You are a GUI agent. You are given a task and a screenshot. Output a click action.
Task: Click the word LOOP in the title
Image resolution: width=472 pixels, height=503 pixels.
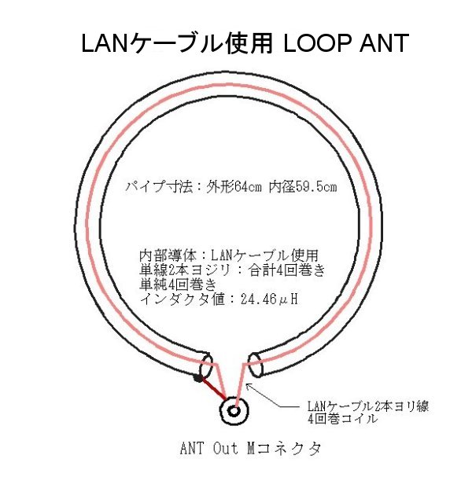(317, 43)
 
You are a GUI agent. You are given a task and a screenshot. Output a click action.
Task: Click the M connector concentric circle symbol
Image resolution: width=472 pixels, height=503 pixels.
(234, 409)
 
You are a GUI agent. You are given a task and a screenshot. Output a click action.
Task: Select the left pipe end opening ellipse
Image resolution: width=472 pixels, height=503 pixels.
(207, 366)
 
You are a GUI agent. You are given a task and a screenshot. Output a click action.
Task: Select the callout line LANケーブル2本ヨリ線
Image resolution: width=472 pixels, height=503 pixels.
(367, 406)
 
